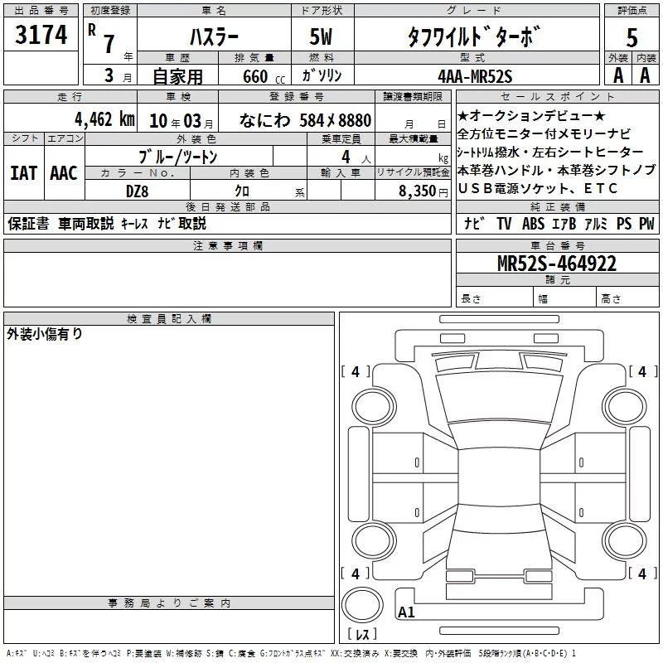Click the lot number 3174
(41, 34)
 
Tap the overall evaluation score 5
(632, 37)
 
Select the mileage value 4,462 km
(104, 119)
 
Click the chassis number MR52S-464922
(557, 264)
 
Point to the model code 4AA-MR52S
(475, 76)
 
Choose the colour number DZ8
(137, 191)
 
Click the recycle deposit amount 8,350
(417, 191)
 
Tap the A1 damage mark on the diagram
(406, 612)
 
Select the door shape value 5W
(321, 36)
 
